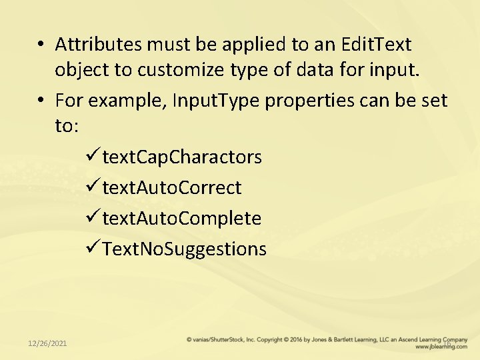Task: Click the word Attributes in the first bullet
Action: (x=98, y=45)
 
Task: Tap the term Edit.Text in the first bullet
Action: (x=376, y=45)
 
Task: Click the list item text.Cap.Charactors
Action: (x=182, y=157)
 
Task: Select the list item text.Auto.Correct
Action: (x=172, y=188)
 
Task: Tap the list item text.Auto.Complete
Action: (x=181, y=218)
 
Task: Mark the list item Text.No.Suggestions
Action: (x=185, y=249)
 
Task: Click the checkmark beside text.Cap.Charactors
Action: (x=93, y=157)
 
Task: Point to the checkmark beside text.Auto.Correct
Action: (x=93, y=188)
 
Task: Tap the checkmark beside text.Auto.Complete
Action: (x=93, y=218)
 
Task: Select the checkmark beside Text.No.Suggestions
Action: (x=93, y=249)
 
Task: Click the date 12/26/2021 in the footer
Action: (x=47, y=343)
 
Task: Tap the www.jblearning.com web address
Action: (x=441, y=347)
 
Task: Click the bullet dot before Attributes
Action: (x=41, y=45)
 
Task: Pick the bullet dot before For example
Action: (x=41, y=101)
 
